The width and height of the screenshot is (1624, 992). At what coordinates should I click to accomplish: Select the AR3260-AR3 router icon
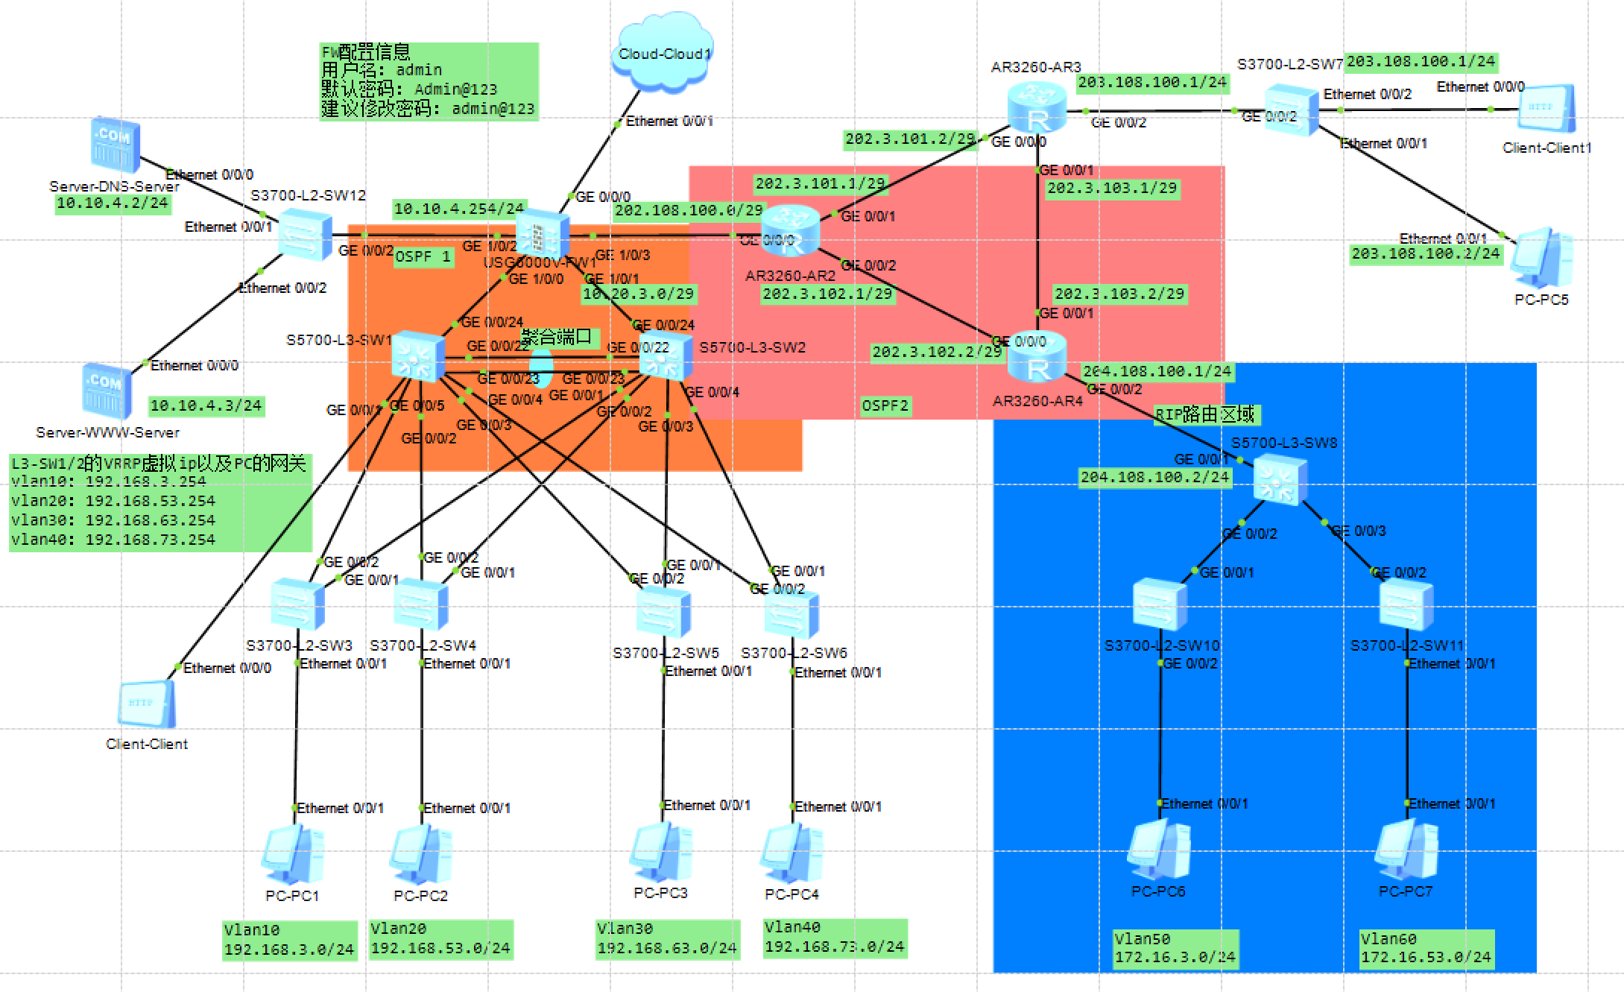(1036, 108)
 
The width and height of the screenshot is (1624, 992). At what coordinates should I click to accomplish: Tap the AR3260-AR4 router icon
(1036, 358)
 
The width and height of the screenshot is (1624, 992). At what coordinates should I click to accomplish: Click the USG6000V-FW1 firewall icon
(542, 234)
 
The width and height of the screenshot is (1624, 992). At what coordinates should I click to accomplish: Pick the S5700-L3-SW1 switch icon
(417, 356)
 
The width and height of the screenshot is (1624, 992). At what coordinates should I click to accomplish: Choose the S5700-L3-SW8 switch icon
(1280, 480)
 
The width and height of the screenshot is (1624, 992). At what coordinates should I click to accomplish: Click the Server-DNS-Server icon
(115, 145)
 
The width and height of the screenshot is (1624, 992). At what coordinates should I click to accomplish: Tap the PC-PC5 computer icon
(1543, 257)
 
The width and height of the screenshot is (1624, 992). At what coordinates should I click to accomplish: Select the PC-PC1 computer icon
(292, 855)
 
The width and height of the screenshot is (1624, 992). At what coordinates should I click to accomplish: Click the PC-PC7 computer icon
(1406, 850)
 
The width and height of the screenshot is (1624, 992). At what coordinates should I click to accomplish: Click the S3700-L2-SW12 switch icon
(305, 236)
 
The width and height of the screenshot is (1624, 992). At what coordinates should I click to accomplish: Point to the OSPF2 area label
(885, 405)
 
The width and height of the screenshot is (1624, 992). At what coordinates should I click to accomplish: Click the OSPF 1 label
(423, 257)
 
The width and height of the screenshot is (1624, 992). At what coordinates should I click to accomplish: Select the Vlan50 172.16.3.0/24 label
(1175, 948)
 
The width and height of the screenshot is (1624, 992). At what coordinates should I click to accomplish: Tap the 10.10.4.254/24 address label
(458, 209)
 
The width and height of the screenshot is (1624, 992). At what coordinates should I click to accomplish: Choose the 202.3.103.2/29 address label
(1119, 294)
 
